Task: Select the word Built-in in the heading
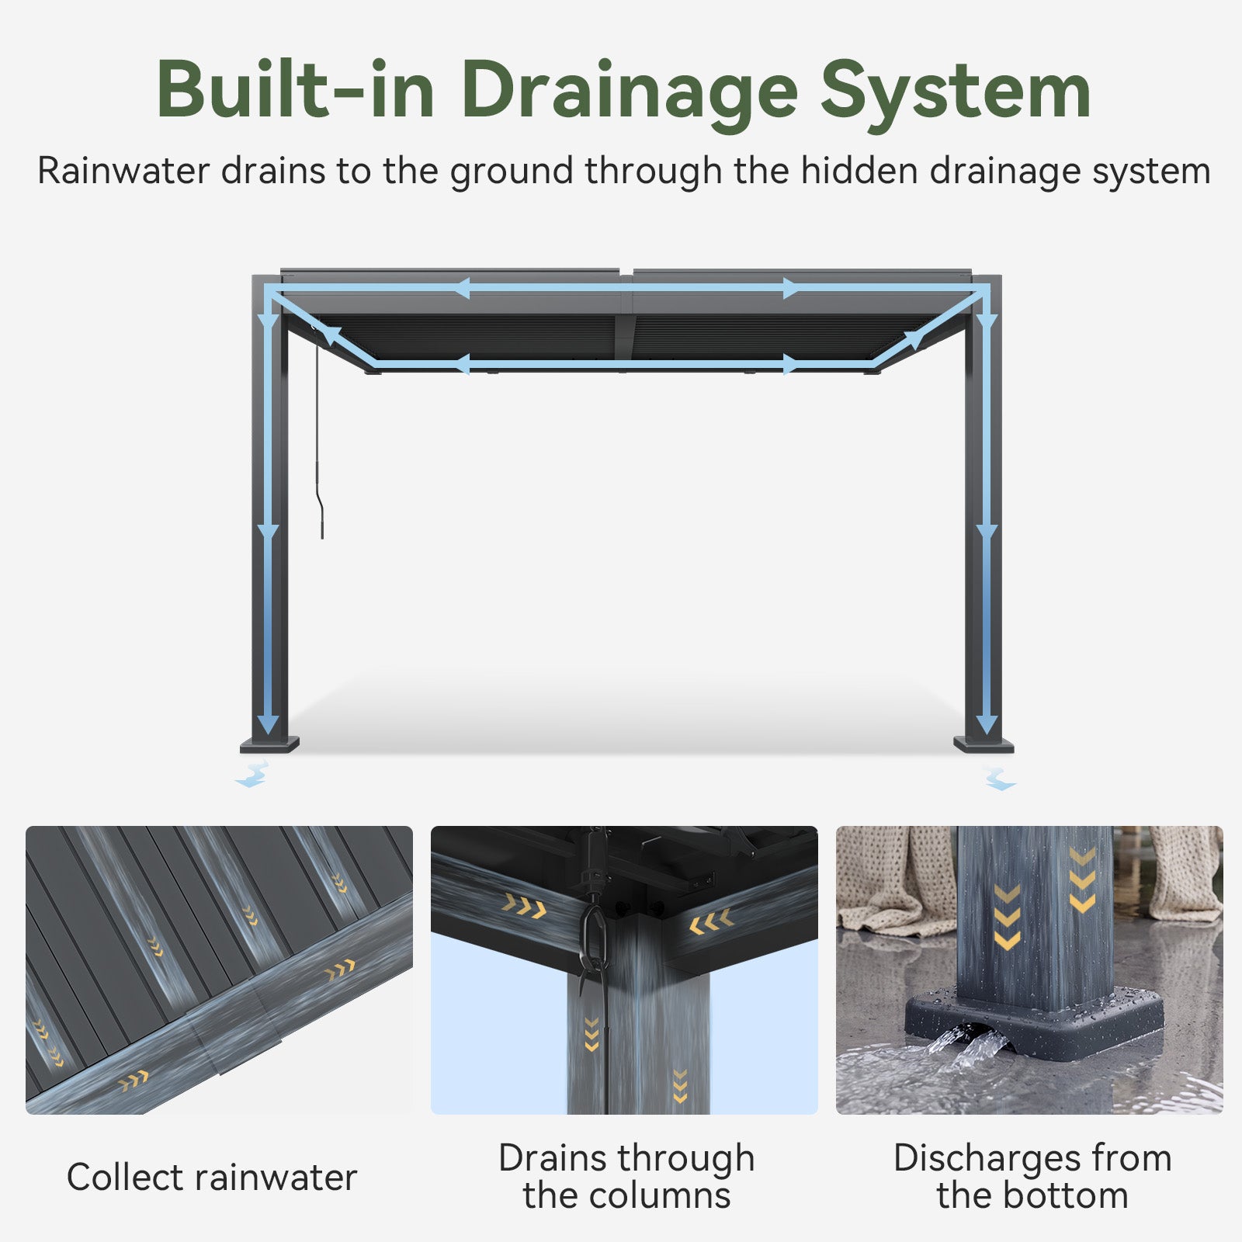click(295, 91)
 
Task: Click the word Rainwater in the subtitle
click(123, 171)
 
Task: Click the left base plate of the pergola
click(269, 745)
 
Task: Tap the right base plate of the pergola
click(984, 745)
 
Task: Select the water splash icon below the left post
click(252, 775)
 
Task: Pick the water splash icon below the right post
click(999, 778)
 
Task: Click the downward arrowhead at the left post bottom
click(268, 724)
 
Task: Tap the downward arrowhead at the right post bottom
click(987, 724)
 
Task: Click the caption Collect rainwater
click(212, 1178)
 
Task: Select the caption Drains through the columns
click(626, 1177)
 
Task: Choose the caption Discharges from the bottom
click(1032, 1177)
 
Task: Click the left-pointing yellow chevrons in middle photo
click(711, 921)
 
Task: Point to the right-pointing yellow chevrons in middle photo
click(525, 905)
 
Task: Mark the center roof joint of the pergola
click(626, 318)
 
